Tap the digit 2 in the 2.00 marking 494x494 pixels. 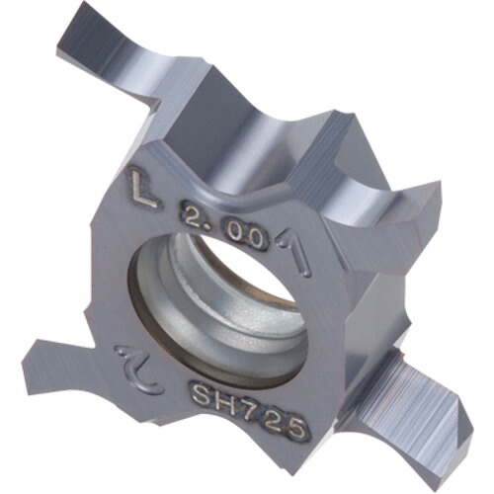[x=191, y=216]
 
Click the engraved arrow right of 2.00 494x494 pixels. [x=294, y=252]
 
